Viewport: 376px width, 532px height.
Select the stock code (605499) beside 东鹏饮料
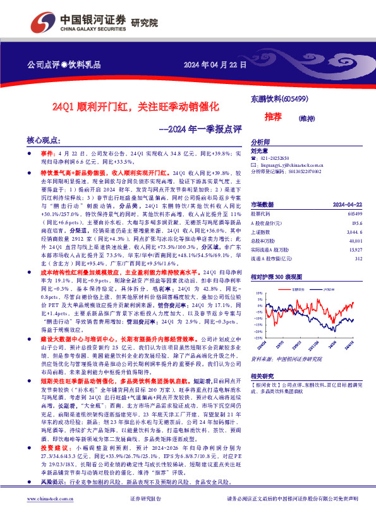294,99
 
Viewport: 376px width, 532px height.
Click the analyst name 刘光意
260,150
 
